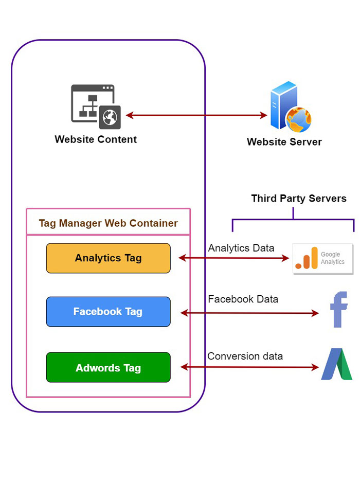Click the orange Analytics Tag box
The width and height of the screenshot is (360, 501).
(108, 258)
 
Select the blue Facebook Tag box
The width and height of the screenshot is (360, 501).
(108, 312)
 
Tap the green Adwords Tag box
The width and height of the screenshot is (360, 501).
(108, 368)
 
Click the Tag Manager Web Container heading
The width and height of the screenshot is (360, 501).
(108, 223)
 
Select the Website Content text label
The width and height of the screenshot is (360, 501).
(96, 139)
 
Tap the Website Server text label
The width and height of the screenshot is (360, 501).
(284, 142)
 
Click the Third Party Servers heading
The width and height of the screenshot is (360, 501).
(298, 199)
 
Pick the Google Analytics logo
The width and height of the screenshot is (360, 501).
(322, 259)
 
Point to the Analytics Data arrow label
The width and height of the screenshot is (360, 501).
(241, 248)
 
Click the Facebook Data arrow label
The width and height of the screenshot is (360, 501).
(243, 299)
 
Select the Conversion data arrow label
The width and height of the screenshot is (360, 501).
(245, 356)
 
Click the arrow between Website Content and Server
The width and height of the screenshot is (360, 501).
(196, 116)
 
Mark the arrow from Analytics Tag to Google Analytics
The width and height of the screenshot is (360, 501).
(234, 258)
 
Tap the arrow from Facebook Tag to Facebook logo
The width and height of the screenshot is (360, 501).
(250, 312)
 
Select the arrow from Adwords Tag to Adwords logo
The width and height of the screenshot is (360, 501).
(250, 367)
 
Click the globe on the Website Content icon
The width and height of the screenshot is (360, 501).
(111, 118)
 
